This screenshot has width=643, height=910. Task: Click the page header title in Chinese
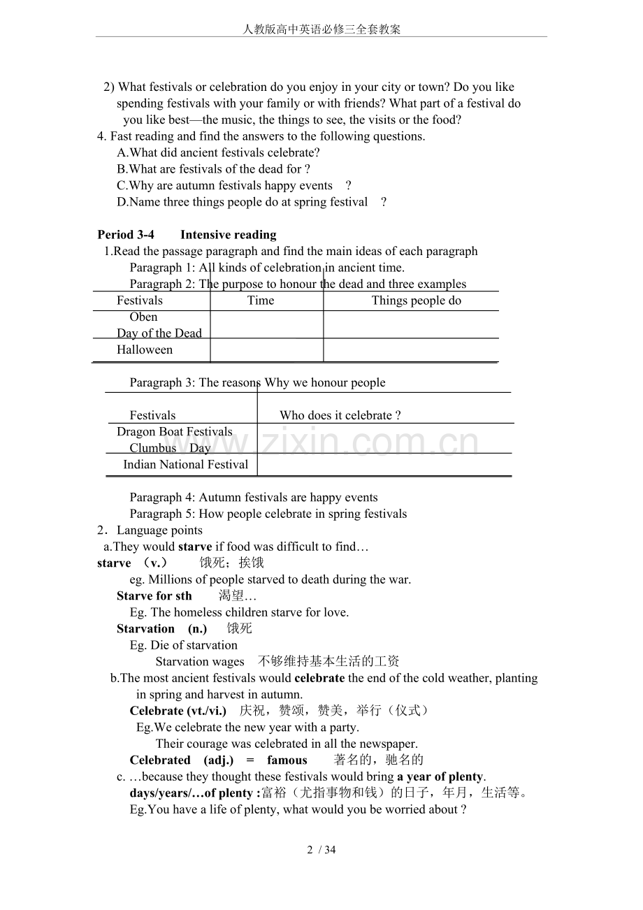pyautogui.click(x=321, y=29)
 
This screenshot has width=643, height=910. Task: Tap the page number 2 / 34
pyautogui.click(x=321, y=850)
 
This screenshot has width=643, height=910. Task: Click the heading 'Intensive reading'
pyautogui.click(x=228, y=235)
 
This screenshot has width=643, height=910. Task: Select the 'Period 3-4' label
pyautogui.click(x=126, y=235)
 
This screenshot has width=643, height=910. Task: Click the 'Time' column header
pyautogui.click(x=261, y=301)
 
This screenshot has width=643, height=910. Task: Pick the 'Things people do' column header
pyautogui.click(x=416, y=301)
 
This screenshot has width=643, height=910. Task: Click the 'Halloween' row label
pyautogui.click(x=145, y=350)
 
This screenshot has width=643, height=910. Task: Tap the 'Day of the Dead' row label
pyautogui.click(x=159, y=333)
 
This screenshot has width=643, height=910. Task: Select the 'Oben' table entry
pyautogui.click(x=143, y=317)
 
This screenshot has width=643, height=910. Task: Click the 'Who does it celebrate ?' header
pyautogui.click(x=340, y=415)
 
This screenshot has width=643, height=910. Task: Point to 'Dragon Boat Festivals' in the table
pyautogui.click(x=175, y=432)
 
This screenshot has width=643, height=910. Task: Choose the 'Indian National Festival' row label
pyautogui.click(x=186, y=465)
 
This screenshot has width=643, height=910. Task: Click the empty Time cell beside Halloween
pyautogui.click(x=266, y=350)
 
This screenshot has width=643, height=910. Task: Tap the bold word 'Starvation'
pyautogui.click(x=145, y=629)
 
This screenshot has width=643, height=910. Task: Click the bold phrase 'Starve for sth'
pyautogui.click(x=154, y=596)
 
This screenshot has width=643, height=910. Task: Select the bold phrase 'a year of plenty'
pyautogui.click(x=440, y=777)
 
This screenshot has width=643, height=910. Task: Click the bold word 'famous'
pyautogui.click(x=287, y=760)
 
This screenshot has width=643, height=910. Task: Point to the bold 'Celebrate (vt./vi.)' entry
pyautogui.click(x=178, y=711)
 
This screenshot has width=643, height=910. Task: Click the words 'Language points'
pyautogui.click(x=159, y=530)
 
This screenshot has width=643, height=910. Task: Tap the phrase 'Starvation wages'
pyautogui.click(x=200, y=662)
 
